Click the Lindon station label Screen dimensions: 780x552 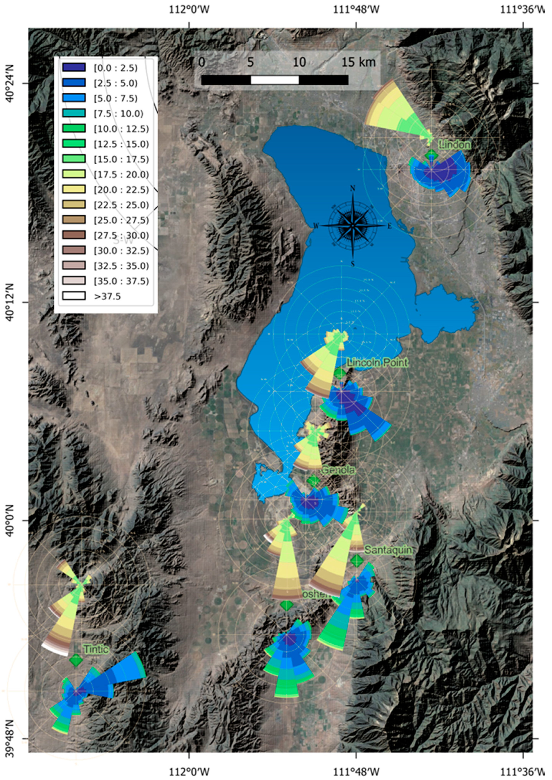pos(455,145)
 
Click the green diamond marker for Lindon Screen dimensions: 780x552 pos(432,155)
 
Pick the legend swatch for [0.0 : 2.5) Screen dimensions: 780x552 pos(74,67)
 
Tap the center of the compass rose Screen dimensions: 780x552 pos(353,226)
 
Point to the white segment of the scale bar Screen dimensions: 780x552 pos(275,80)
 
